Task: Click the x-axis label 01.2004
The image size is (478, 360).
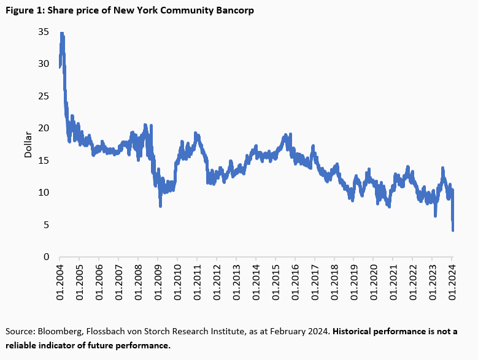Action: (x=60, y=283)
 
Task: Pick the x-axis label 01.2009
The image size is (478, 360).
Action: (x=158, y=283)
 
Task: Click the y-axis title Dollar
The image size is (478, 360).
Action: (x=28, y=144)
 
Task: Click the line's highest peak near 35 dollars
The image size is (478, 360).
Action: (x=61, y=33)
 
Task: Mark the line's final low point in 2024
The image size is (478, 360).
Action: (x=453, y=231)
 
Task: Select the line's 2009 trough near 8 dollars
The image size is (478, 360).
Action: (x=160, y=205)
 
